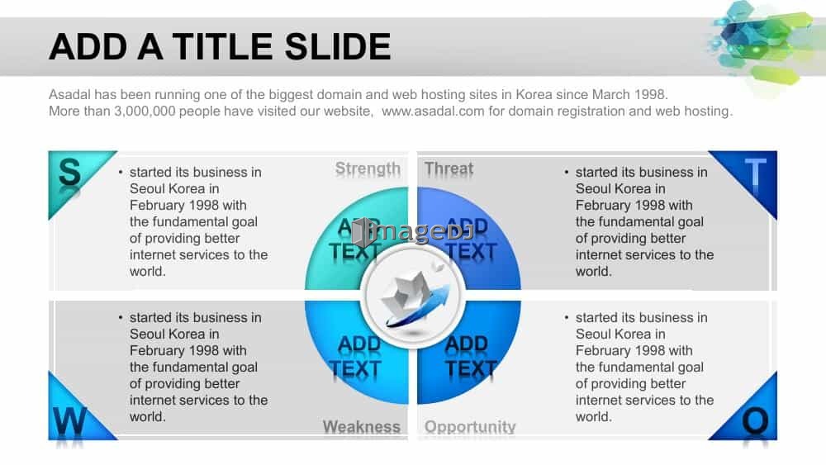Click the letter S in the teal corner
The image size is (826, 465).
pos(69,172)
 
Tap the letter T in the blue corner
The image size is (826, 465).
pos(755,172)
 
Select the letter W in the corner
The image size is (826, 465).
pos(69,420)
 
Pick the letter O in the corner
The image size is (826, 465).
pos(755,421)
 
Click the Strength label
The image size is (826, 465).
pos(368,168)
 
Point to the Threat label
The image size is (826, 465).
pos(449,168)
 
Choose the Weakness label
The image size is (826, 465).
pos(362,426)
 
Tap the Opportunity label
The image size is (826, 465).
pos(470,426)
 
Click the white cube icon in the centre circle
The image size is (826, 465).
pos(406,296)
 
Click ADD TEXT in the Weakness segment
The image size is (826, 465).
pos(355,357)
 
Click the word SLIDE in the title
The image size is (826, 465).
pos(338,46)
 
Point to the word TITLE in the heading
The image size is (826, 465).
pos(222,46)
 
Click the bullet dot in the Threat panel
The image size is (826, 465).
pos(567,172)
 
